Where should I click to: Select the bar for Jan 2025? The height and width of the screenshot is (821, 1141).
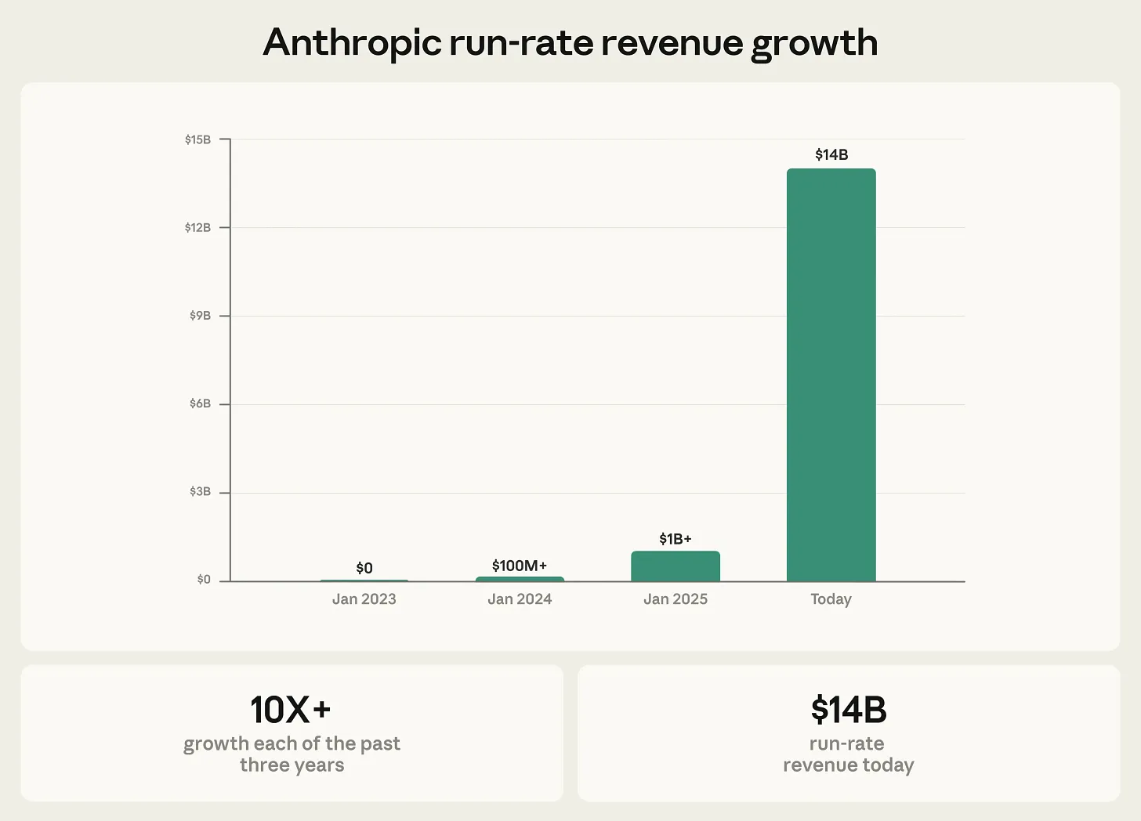coord(675,566)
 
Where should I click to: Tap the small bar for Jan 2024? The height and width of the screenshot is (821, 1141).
coord(520,579)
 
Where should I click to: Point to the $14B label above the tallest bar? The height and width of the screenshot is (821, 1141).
coord(831,154)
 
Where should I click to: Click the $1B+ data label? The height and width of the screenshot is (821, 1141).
coord(675,539)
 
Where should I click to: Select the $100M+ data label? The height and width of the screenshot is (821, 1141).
coord(520,566)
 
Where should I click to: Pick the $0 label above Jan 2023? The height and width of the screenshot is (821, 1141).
coord(364,568)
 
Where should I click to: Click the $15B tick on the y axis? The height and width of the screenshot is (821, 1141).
coord(198,139)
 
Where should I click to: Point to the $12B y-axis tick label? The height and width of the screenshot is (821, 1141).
coord(198,228)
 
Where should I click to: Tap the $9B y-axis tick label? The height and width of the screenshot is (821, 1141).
coord(201,316)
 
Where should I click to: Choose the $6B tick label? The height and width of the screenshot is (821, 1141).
coord(201,404)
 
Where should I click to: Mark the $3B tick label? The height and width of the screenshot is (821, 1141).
coord(201,492)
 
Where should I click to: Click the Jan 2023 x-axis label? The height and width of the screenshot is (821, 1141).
coord(364,599)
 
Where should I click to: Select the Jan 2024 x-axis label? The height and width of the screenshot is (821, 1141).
coord(520,599)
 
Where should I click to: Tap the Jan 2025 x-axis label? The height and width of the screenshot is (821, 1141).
coord(675,599)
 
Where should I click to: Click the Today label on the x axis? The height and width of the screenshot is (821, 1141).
coord(831,599)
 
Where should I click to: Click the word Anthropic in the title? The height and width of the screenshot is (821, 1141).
coord(353,43)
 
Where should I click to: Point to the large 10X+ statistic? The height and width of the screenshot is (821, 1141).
coord(291,710)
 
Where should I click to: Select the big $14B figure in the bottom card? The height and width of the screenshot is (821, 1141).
coord(849,710)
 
